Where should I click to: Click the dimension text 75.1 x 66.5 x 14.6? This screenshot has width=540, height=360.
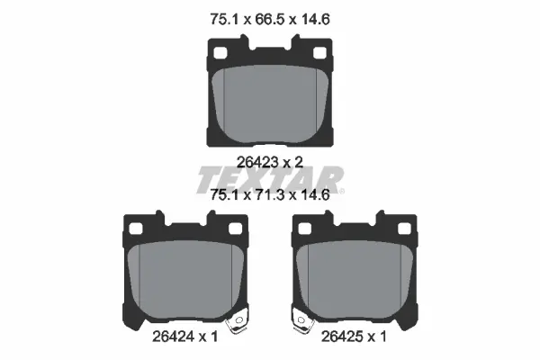click(270, 19)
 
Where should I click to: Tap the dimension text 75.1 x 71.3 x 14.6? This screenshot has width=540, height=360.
click(270, 195)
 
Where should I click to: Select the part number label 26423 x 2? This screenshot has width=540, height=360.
click(270, 162)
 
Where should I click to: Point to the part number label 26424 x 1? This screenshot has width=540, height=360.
click(184, 337)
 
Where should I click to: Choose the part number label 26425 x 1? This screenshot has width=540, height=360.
click(354, 337)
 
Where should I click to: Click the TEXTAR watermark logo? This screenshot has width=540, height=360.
click(270, 180)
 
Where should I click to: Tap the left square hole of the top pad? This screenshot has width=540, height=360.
click(220, 53)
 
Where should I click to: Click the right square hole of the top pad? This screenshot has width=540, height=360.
click(319, 53)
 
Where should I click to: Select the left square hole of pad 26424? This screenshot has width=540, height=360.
click(136, 229)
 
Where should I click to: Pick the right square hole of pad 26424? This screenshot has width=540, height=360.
click(235, 229)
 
